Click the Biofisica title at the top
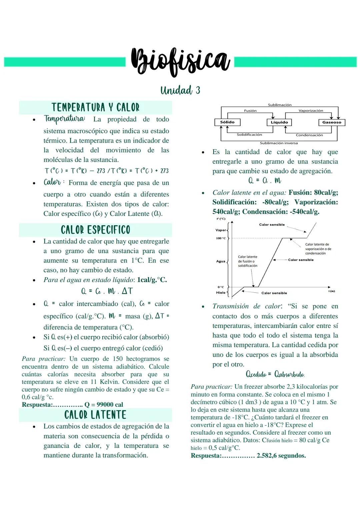point(180,61)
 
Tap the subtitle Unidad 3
point(180,90)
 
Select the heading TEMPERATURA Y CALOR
point(95,107)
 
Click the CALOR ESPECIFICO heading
point(95,230)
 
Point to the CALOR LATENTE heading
point(95,415)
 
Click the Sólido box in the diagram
point(227,122)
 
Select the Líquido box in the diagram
point(279,122)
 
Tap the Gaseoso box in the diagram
point(332,122)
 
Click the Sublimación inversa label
point(279,143)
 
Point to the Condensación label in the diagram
point(309,135)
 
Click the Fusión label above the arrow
point(250,111)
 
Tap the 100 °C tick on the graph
point(221,238)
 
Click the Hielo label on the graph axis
point(221,293)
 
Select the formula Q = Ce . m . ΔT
point(107,291)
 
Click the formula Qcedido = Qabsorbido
point(275,374)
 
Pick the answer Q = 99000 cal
point(104,405)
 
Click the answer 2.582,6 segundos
point(281,456)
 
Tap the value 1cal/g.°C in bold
point(152,280)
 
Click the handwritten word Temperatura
point(65,119)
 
